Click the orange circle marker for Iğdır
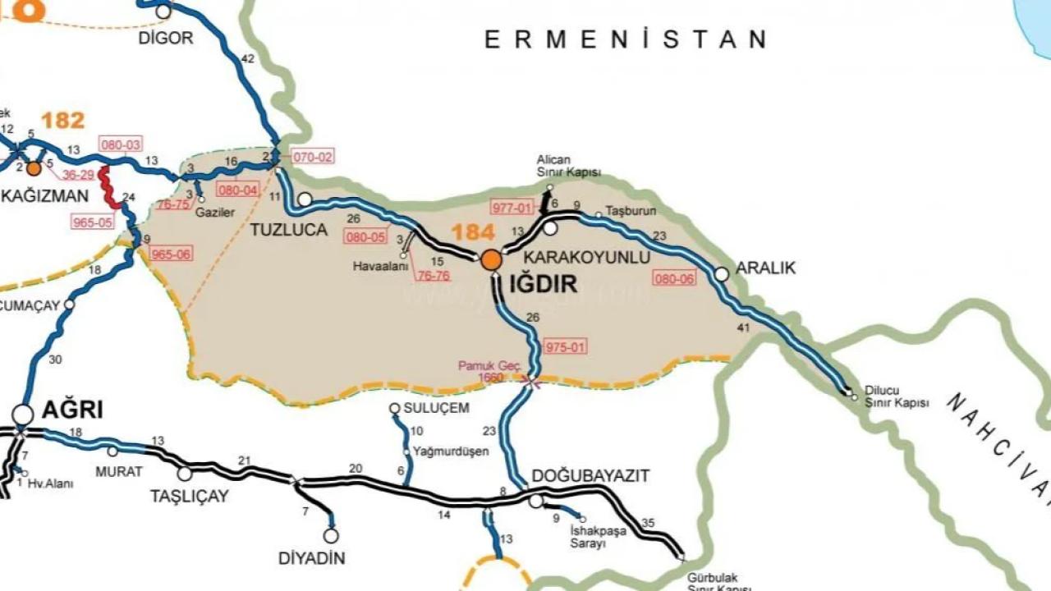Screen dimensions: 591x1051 [491, 260]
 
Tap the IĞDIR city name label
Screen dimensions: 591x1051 [544, 285]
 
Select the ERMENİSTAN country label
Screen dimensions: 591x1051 [625, 39]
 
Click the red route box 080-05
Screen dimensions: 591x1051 [366, 237]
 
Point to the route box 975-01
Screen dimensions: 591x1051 [566, 346]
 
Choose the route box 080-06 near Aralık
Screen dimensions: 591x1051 [674, 278]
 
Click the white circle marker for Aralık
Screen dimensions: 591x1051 [722, 274]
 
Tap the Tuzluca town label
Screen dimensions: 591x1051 [289, 230]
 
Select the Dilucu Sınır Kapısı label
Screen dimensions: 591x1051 [897, 397]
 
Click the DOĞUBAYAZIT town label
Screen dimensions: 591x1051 [590, 476]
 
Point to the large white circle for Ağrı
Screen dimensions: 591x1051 [23, 415]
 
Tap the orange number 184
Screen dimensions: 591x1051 [473, 231]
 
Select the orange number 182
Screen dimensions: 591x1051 [62, 121]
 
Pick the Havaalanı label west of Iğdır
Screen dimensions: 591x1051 [380, 267]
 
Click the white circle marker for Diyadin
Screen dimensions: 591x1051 [331, 536]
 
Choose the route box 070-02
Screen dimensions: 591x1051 [313, 157]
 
